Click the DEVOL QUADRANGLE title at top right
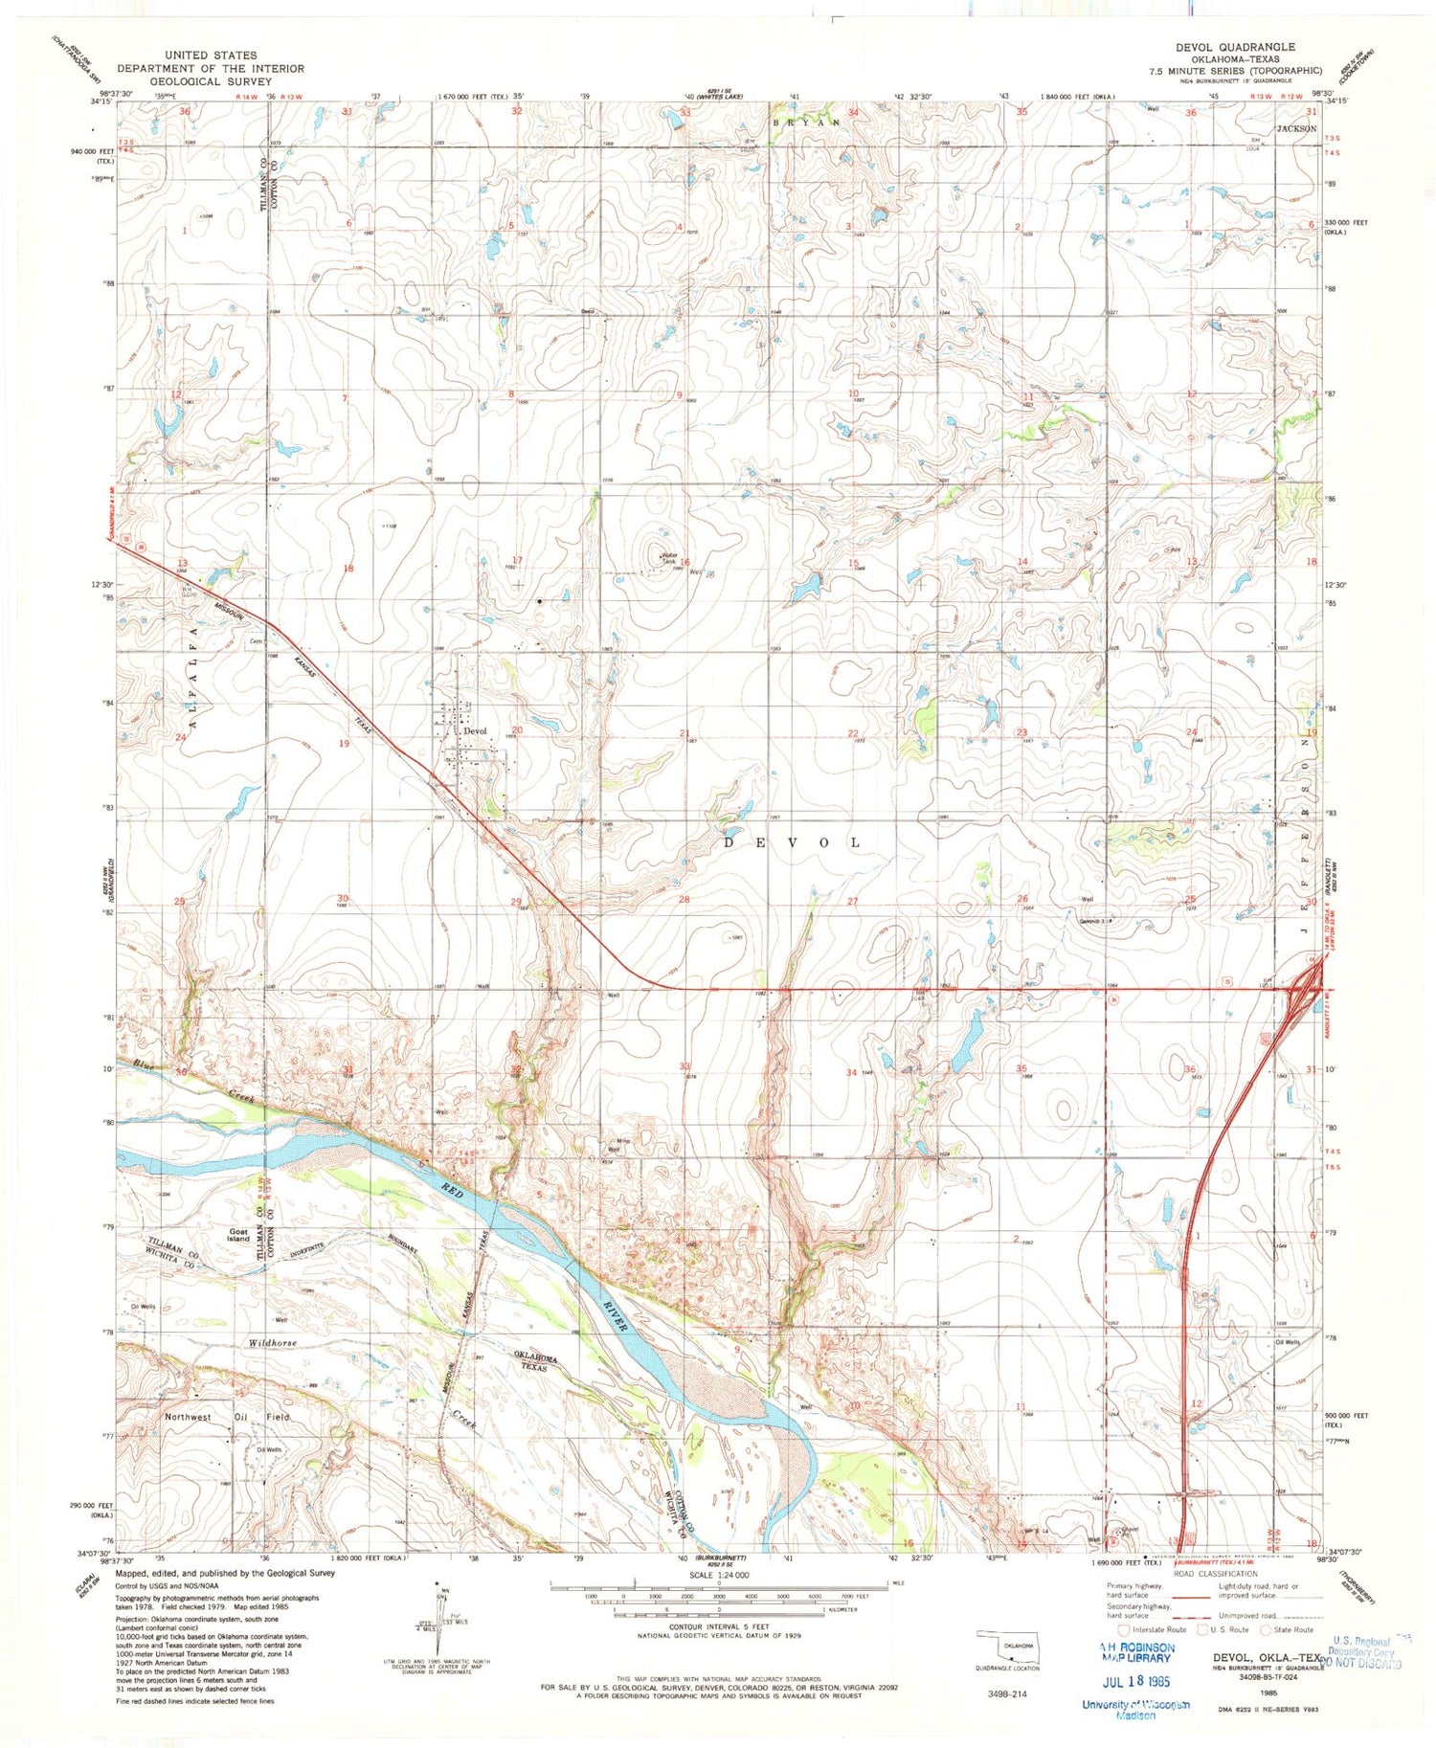click(x=1235, y=47)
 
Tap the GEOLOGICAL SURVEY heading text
click(x=211, y=81)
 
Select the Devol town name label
click(x=475, y=731)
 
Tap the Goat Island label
click(x=238, y=1236)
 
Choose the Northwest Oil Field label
click(x=227, y=1417)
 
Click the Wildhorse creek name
click(x=273, y=1343)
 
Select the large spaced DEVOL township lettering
click(x=791, y=842)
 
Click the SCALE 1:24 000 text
click(x=718, y=1575)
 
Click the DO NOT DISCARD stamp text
click(x=1364, y=1663)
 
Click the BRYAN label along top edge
click(x=806, y=123)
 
